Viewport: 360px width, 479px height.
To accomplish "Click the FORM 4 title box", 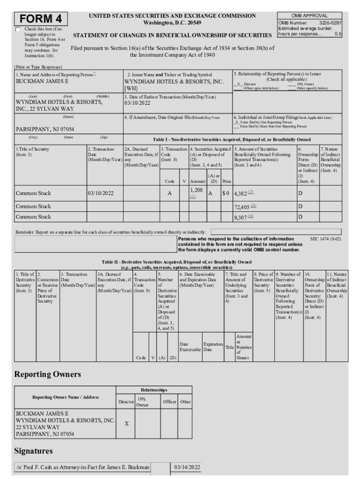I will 41,19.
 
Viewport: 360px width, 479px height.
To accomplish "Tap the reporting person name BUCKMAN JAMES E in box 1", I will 42,81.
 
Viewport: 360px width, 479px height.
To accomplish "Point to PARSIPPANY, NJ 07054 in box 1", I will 45,129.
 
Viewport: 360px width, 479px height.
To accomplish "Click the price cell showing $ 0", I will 225,193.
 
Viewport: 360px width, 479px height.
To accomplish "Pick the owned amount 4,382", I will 240,193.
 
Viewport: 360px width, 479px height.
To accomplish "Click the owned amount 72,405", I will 242,206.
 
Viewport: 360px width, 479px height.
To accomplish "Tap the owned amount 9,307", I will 240,217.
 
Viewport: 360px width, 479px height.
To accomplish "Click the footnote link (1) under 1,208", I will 193,196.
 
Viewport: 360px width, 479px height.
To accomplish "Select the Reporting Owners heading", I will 48,374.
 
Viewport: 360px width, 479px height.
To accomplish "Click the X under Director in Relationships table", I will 126,423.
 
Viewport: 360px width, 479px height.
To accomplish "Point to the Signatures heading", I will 34,451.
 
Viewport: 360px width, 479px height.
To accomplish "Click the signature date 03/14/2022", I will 187,467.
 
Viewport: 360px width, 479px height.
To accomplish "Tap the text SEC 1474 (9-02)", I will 326,239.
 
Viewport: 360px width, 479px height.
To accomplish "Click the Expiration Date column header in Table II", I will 213,347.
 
